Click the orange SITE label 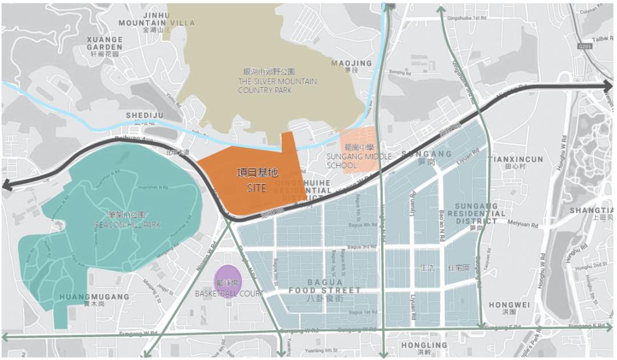tap(257, 179)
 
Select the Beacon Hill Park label tap(127, 220)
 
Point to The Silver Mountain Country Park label tap(277, 81)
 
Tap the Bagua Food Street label tap(325, 290)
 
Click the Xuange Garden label tap(105, 46)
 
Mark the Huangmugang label tap(94, 300)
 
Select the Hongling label tap(423, 348)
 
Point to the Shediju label tap(145, 118)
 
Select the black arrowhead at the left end tap(7, 185)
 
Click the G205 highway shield tap(584, 46)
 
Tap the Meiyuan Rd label tap(526, 225)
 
